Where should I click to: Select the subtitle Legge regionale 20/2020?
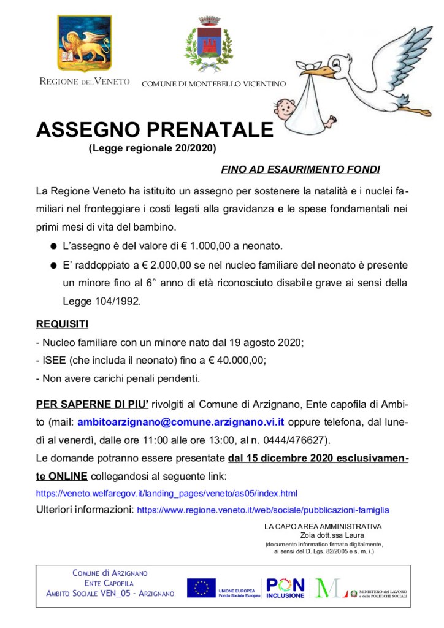[153, 148]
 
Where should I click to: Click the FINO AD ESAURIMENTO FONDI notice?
[300, 169]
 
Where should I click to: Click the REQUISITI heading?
[62, 323]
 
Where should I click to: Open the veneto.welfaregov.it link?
[167, 493]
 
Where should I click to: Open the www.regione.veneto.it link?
[262, 510]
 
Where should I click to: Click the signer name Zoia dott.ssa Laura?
[323, 535]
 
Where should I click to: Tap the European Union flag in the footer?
[201, 588]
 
